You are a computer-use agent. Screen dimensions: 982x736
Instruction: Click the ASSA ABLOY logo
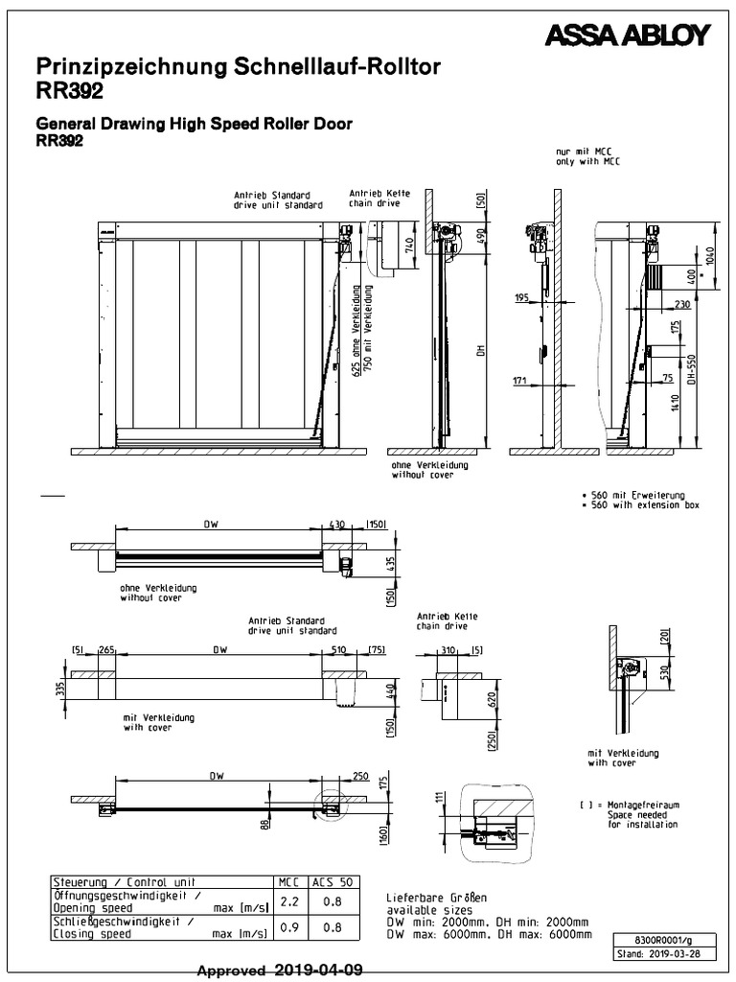[x=627, y=36]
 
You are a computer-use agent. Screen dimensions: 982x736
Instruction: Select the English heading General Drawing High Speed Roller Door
[x=194, y=124]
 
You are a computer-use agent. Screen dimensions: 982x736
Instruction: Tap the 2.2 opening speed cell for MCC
[x=287, y=900]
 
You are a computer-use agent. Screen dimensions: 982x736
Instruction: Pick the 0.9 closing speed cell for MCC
[x=287, y=926]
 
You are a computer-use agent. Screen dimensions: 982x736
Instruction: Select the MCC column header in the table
[x=287, y=881]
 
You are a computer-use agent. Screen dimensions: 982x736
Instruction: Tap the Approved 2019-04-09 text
[x=279, y=970]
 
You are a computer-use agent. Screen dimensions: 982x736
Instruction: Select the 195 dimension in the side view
[x=521, y=299]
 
